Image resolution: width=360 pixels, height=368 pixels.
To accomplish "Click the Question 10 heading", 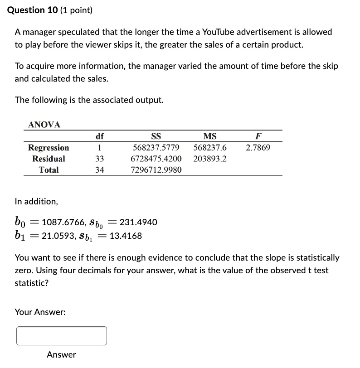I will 50,10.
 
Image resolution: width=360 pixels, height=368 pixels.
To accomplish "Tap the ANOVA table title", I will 44,125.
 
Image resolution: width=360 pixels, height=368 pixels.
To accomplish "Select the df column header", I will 100,136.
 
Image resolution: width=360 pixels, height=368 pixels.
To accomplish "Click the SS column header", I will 156,136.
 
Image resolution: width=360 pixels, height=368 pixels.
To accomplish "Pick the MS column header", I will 210,136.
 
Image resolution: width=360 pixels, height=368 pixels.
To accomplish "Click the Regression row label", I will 49,148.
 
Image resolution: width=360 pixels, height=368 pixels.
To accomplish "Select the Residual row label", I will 49,159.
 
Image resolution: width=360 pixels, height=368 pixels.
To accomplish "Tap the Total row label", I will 49,170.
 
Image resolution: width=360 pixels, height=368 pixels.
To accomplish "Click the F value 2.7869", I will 258,148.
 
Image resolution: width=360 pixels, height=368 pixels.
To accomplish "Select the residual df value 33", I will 100,159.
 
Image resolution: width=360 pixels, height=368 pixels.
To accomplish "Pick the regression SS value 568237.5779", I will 156,148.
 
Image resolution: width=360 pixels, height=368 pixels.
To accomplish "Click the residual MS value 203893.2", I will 210,159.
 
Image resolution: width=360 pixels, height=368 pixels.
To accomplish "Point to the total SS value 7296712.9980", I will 156,170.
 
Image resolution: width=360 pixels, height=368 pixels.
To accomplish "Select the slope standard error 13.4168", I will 126,236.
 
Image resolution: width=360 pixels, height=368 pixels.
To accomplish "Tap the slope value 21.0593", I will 58,236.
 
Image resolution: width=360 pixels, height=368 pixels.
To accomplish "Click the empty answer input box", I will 62,336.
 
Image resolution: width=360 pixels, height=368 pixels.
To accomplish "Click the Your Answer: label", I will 40,312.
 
